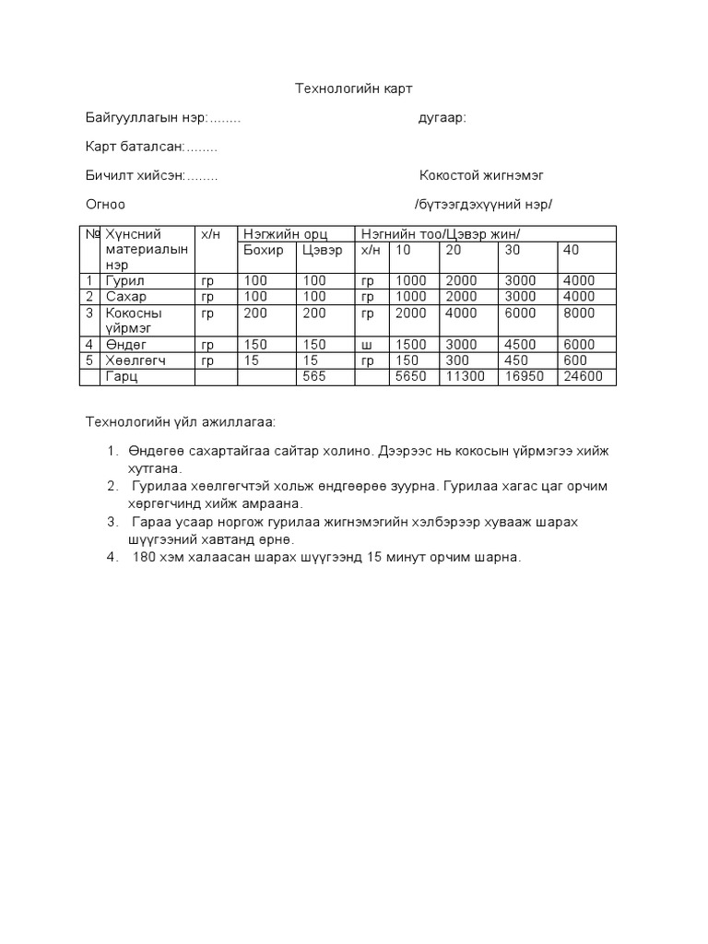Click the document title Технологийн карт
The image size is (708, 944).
[354, 88]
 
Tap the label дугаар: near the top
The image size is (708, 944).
[442, 117]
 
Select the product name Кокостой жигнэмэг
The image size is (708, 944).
[488, 175]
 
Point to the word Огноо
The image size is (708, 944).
[105, 204]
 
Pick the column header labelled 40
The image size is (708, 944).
[572, 250]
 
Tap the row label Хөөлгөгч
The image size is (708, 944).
[136, 360]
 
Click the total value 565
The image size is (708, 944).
[314, 377]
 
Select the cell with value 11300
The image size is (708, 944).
[466, 377]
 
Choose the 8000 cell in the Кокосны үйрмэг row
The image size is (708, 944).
[578, 313]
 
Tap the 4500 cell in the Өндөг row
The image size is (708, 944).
[521, 345]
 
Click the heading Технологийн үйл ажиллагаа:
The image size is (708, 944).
[180, 422]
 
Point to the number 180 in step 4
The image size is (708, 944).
[146, 557]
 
